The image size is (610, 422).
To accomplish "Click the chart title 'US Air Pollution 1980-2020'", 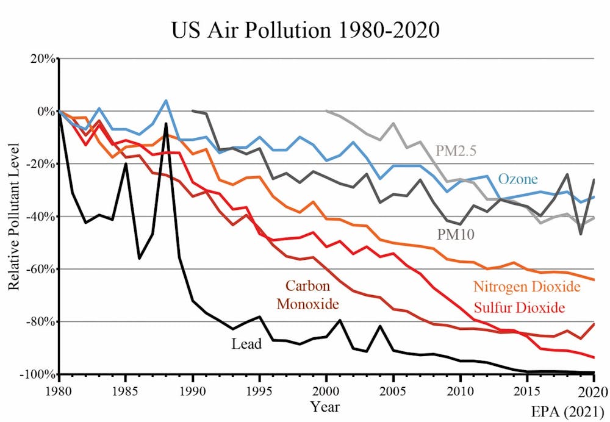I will click(x=305, y=29).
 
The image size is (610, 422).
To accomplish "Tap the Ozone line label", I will click(x=518, y=179).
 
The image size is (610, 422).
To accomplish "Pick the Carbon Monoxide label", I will click(x=308, y=295).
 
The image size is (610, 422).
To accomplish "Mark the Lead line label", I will click(x=246, y=344).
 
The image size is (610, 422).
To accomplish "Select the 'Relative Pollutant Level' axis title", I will click(x=13, y=216).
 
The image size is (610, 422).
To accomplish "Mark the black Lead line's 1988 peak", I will click(x=166, y=124).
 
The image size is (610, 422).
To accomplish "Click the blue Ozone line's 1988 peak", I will click(x=166, y=101).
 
